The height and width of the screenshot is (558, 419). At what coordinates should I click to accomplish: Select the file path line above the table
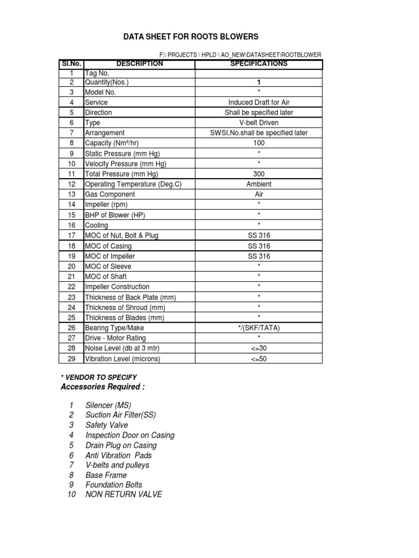pos(240,54)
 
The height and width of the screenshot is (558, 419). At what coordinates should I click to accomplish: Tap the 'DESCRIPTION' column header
pos(139,64)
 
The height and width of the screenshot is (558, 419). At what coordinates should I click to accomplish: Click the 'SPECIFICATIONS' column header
pos(259,64)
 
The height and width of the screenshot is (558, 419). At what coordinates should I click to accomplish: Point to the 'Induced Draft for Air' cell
pos(259,102)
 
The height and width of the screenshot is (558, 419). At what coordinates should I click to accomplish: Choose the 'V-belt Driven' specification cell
pos(259,123)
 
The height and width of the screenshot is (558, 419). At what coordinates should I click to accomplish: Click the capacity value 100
pos(259,143)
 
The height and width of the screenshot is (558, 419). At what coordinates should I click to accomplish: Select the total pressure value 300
pos(259,174)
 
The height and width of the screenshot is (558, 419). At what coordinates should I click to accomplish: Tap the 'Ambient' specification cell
pos(259,184)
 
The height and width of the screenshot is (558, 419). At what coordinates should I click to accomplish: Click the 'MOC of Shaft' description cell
pos(106,277)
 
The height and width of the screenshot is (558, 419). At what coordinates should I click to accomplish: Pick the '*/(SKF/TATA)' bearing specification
pos(259,328)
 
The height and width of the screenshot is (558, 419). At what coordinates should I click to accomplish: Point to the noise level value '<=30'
pos(259,348)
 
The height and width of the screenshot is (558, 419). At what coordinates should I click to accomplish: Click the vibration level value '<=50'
pos(259,359)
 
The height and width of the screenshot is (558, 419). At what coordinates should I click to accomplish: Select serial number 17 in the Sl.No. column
pos(71,235)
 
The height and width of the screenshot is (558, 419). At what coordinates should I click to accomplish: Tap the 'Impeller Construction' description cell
pos(117,287)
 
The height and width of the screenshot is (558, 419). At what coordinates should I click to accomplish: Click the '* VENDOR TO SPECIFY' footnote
pos(98,377)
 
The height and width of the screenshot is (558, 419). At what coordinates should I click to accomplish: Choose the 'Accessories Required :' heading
pos(103,387)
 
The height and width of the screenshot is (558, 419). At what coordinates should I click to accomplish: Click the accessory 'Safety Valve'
pos(107,425)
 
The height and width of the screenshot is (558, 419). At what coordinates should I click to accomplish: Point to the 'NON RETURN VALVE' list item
pos(124,495)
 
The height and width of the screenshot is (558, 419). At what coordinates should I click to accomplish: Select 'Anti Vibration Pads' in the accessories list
pos(118,455)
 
